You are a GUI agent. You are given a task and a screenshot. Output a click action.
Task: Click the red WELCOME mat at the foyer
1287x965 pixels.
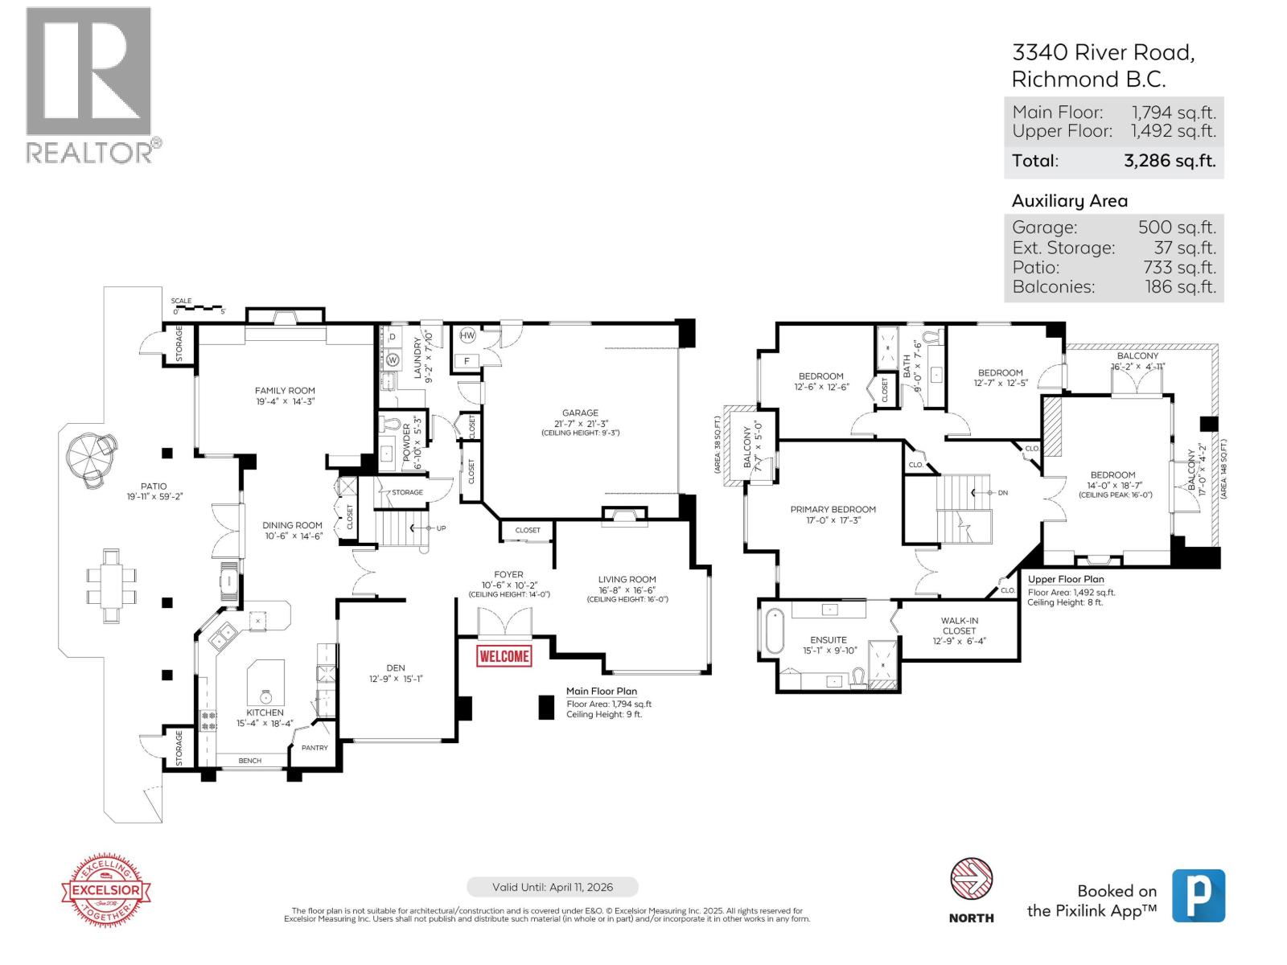point(504,656)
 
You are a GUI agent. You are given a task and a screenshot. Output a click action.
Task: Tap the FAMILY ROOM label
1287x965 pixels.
point(285,391)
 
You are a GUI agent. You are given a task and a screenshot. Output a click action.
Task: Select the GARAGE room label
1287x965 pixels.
point(580,413)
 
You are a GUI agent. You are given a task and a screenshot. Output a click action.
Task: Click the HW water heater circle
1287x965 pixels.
point(467,336)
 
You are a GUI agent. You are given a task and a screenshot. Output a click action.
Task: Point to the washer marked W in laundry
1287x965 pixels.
point(393,359)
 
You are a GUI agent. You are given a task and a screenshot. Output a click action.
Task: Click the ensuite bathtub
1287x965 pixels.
point(774,632)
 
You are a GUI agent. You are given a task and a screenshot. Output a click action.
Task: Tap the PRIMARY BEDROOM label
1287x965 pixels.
point(833,509)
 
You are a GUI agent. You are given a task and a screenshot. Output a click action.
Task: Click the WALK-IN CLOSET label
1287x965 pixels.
point(959,626)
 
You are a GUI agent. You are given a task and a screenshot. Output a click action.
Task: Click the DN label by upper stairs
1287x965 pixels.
point(1002,493)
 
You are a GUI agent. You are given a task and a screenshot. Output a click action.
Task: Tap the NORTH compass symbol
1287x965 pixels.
point(971,880)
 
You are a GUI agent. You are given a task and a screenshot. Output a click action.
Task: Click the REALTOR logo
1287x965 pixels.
point(89,84)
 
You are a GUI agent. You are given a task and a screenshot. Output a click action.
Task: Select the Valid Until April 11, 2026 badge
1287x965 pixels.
point(553,887)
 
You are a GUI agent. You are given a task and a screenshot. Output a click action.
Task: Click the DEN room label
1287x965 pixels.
point(396,667)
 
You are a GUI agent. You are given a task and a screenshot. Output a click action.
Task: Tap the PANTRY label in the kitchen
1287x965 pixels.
point(315,748)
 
